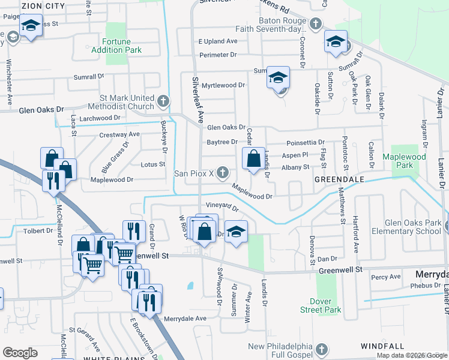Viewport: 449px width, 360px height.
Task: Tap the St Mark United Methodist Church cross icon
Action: point(164,99)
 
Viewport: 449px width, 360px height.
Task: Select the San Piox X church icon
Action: point(223,173)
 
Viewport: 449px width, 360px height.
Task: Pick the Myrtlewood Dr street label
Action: point(223,85)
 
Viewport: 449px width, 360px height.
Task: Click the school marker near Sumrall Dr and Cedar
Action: point(278,78)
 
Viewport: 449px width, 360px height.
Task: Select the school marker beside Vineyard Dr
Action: point(237,233)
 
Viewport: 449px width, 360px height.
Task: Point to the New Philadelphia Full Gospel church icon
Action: point(321,349)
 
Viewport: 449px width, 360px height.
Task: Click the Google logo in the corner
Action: point(20,353)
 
